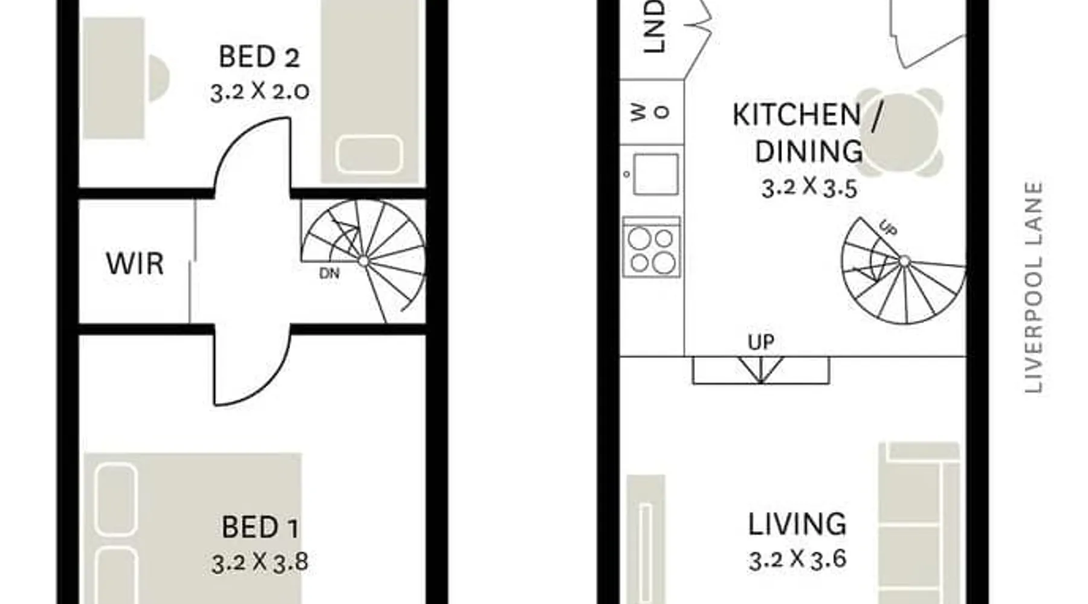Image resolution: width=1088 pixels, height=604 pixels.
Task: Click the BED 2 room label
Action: coord(259,57)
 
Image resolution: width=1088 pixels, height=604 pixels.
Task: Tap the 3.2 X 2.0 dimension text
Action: coord(260,91)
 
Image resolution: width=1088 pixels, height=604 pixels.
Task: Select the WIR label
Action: coord(135,264)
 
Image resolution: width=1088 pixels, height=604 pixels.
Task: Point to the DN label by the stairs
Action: coord(329,274)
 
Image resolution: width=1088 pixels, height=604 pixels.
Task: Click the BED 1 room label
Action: coord(260,527)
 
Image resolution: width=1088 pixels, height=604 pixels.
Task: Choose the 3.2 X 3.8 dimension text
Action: coord(260,562)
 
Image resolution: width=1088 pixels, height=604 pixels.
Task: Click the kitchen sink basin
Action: coord(655,174)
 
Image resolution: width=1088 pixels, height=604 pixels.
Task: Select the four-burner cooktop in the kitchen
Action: coord(651,246)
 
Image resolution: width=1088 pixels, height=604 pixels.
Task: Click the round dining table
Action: coord(900,132)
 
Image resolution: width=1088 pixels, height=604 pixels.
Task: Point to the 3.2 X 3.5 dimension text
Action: coord(809,188)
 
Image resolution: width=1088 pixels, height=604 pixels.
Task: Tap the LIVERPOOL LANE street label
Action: coord(1034,288)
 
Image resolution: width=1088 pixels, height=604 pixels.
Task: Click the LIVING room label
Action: coord(797,524)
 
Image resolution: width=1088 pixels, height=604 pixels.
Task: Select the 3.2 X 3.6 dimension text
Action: coord(797,559)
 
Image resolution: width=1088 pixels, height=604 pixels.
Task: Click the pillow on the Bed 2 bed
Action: coord(369,154)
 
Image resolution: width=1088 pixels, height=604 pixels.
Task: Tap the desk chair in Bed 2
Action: coord(158,79)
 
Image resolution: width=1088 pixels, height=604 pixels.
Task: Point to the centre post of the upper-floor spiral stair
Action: coord(363,261)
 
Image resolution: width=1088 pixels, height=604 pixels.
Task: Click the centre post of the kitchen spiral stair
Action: coord(904,262)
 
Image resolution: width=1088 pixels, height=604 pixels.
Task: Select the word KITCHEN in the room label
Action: coord(797,115)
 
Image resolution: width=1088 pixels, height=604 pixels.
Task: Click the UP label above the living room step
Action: coord(761,342)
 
